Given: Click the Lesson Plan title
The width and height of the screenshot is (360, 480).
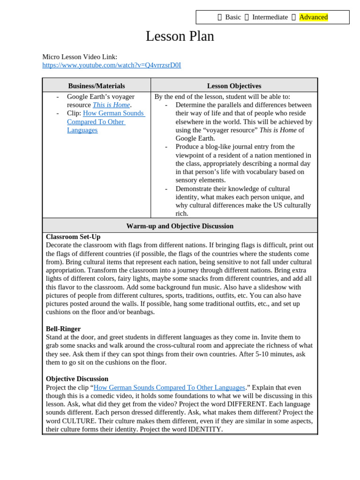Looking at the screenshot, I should (180, 36).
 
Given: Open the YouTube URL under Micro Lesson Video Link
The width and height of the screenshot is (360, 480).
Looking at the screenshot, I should (112, 65).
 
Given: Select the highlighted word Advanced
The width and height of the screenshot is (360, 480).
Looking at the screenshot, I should (313, 17).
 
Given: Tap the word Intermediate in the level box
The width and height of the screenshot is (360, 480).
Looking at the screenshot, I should (270, 17).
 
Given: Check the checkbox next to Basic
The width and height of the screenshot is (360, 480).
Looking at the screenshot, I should (219, 17).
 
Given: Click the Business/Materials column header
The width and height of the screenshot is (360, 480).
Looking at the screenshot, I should (97, 86).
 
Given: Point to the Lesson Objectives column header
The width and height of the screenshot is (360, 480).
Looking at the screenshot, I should (234, 86).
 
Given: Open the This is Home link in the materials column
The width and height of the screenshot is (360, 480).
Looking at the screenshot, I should (111, 105).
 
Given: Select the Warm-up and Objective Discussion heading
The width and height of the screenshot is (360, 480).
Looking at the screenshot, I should (180, 226).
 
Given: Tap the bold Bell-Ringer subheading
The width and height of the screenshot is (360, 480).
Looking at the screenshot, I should (63, 329).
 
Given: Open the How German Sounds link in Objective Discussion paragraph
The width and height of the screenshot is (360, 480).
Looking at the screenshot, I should (169, 388).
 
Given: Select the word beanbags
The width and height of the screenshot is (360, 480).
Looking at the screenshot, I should (140, 312).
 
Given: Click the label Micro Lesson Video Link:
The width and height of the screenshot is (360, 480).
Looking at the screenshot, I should (80, 57).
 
